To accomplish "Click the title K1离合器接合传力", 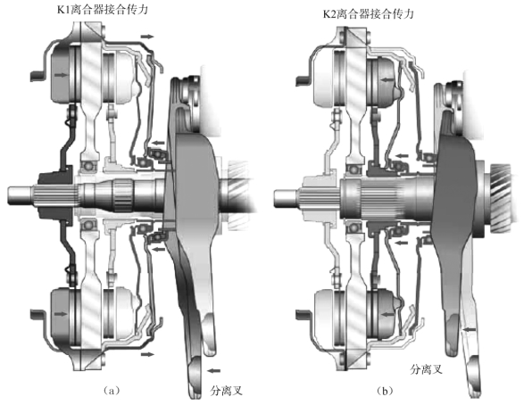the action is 103,10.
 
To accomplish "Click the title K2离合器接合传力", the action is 369,14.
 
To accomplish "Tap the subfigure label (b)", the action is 385,391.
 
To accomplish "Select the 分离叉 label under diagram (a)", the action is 227,391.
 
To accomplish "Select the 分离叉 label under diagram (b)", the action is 427,369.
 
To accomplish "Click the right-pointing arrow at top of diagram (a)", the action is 147,36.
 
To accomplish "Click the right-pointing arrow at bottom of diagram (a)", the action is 147,354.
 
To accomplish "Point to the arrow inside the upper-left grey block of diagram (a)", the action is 61,75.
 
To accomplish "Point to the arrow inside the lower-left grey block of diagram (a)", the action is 61,314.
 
